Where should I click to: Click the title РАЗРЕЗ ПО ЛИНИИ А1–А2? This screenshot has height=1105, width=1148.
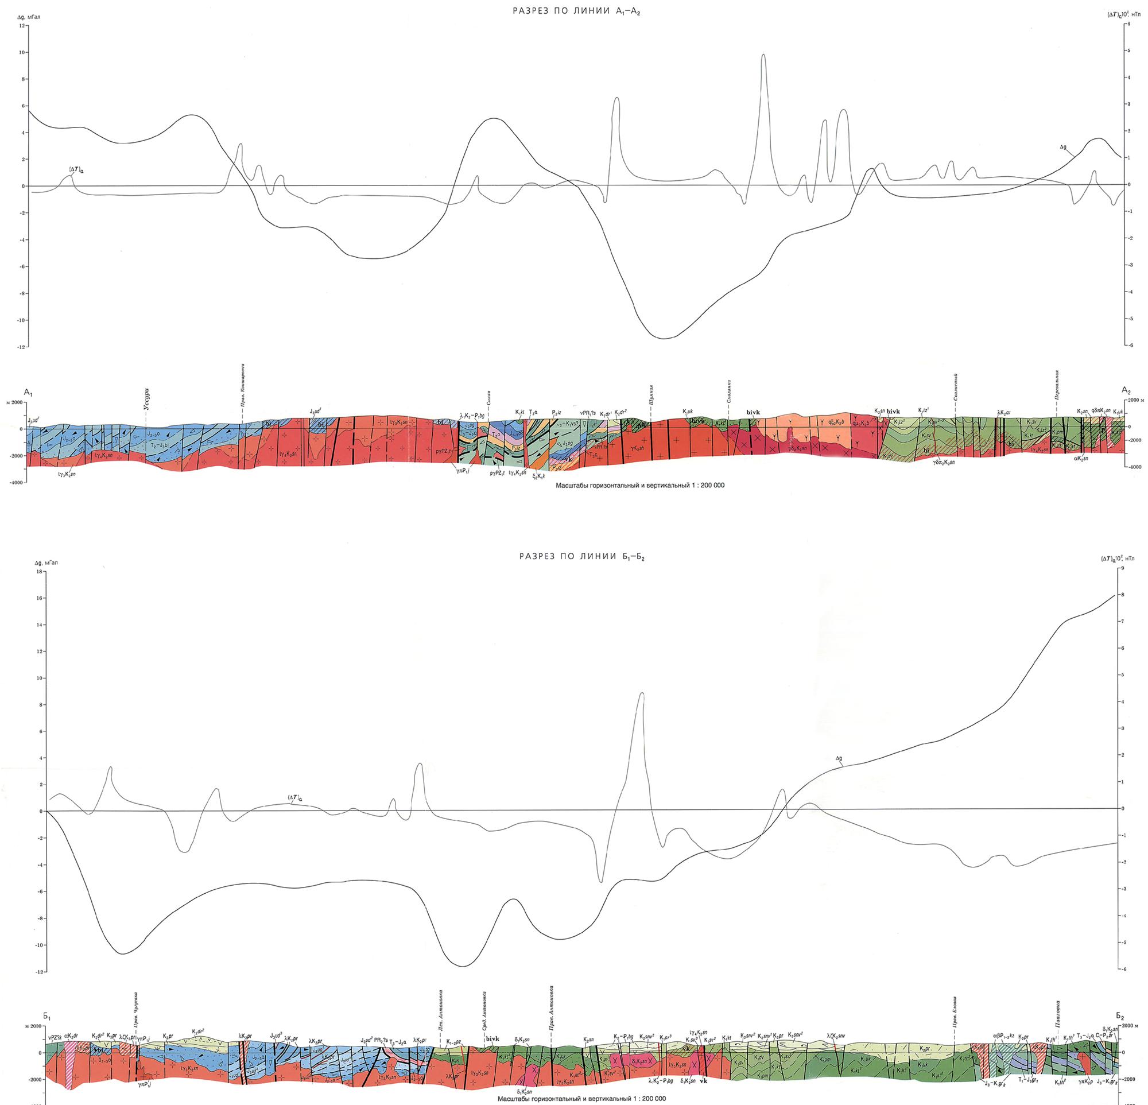pyautogui.click(x=574, y=11)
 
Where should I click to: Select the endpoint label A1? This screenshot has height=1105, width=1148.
pyautogui.click(x=28, y=391)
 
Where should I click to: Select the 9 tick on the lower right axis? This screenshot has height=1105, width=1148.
pyautogui.click(x=1122, y=568)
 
